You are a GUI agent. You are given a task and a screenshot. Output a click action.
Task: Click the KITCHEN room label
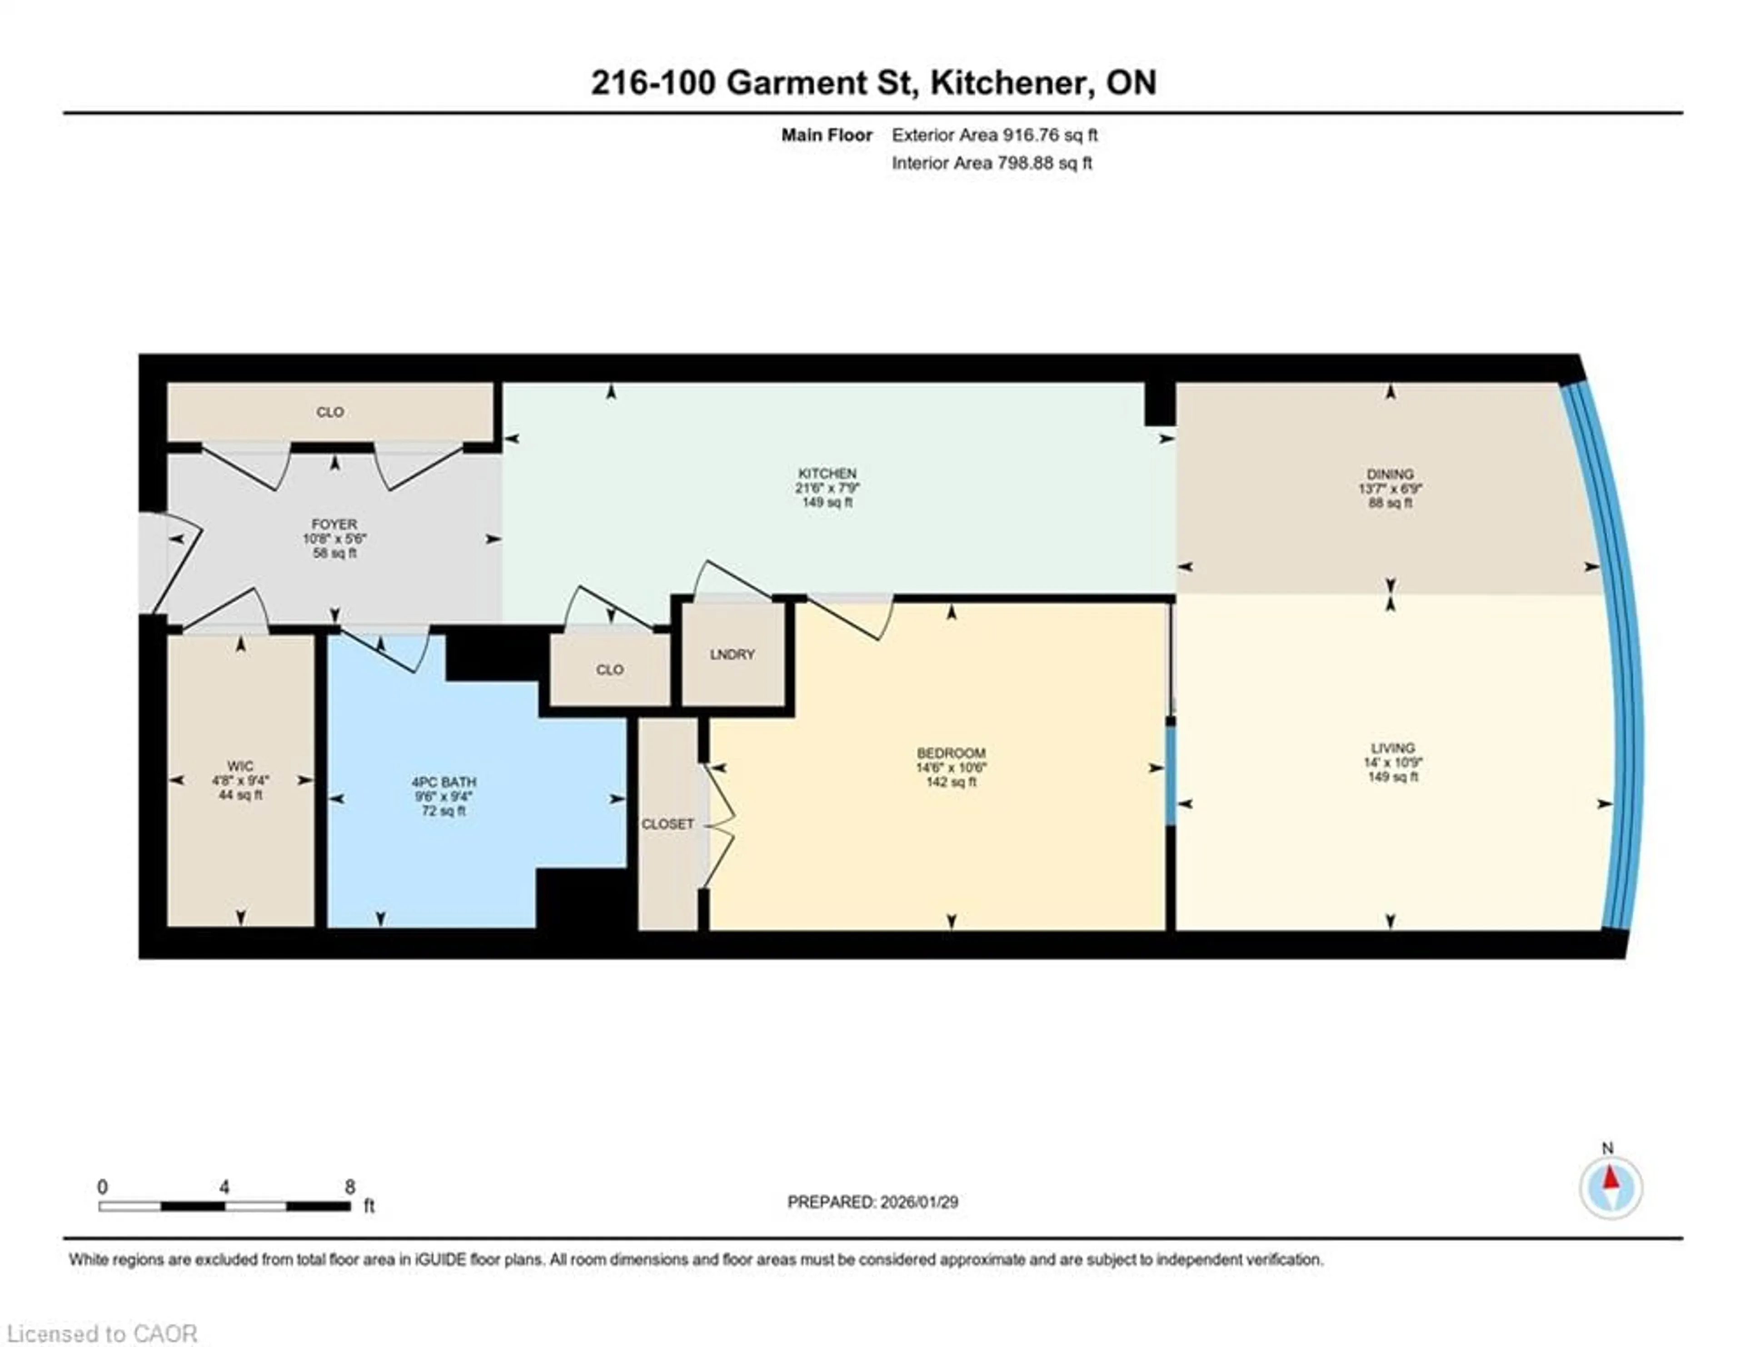click(827, 474)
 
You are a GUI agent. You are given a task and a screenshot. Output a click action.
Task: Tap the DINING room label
click(1390, 474)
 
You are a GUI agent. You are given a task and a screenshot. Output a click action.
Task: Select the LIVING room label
click(1393, 748)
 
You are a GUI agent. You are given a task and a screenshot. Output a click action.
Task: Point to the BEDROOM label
click(951, 753)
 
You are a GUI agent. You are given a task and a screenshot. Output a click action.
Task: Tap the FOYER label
click(334, 524)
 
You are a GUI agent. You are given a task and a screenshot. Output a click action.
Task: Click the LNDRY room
click(732, 654)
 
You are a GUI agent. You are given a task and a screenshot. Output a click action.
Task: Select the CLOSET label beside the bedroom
click(667, 824)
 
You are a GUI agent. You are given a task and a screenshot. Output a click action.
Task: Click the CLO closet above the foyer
click(330, 412)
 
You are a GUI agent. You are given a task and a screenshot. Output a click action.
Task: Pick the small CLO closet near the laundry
click(610, 669)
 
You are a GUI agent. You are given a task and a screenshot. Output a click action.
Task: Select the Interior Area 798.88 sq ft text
click(992, 163)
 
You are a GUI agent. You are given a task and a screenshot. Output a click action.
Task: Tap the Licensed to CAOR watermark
click(101, 1333)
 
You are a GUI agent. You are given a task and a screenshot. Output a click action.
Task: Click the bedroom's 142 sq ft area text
click(951, 782)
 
